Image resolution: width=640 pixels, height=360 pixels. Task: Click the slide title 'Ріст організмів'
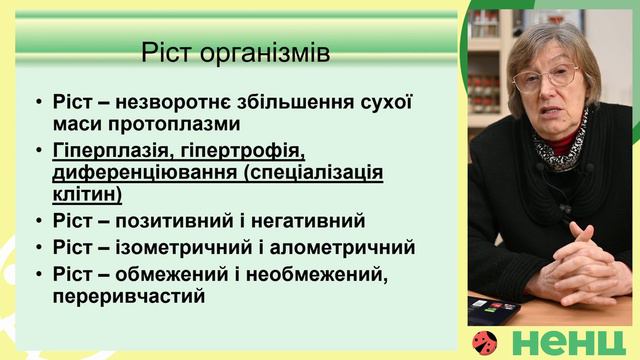tap(236, 52)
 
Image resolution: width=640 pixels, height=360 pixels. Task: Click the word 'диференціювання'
tap(129, 173)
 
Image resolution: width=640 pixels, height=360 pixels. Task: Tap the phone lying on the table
tap(495, 305)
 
